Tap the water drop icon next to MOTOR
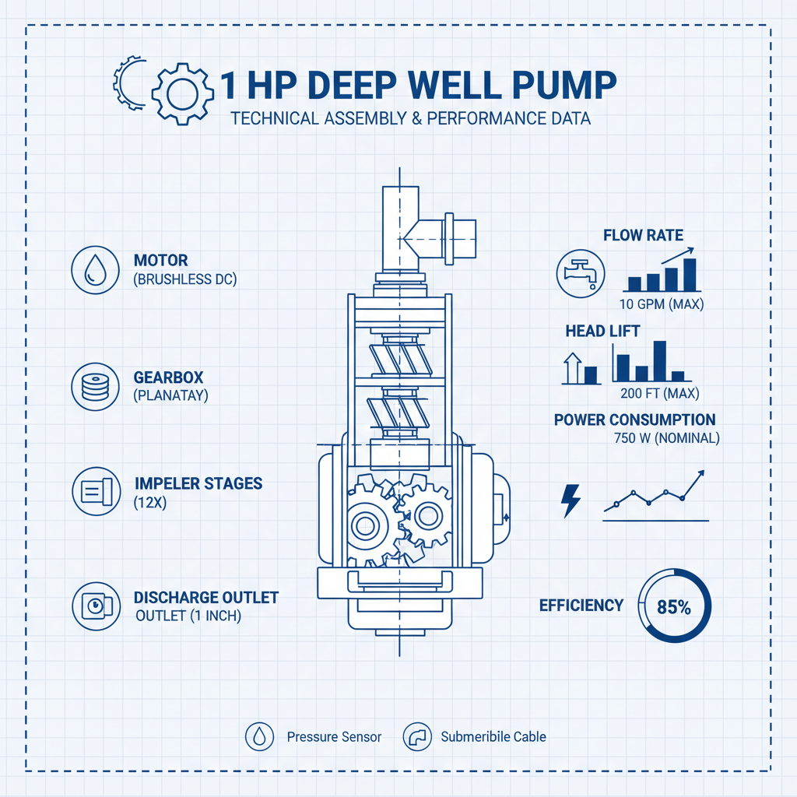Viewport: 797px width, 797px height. [94, 271]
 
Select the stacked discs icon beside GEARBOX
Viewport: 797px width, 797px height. [94, 385]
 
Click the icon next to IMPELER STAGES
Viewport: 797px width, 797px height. [94, 491]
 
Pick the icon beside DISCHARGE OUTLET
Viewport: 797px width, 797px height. [94, 606]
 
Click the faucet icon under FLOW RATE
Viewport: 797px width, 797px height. [581, 272]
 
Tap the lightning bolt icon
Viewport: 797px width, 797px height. [571, 501]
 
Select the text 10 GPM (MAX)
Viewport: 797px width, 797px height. [662, 304]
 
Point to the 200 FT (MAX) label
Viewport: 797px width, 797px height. [660, 392]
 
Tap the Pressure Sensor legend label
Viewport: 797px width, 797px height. [334, 736]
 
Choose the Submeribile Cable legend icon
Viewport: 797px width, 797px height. [417, 736]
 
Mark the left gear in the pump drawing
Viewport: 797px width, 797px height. [363, 525]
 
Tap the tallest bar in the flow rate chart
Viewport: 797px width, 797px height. [689, 274]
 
